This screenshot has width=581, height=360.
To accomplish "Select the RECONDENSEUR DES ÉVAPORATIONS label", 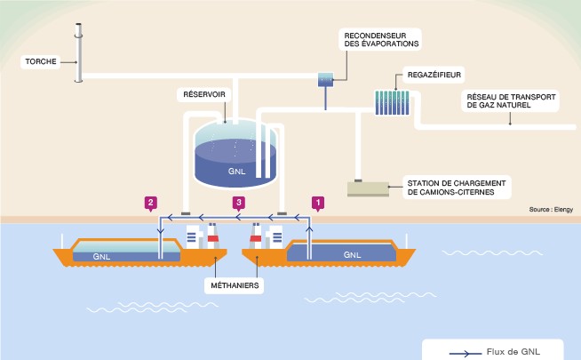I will click(x=381, y=37).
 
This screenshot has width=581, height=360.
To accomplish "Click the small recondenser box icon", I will click(x=324, y=80).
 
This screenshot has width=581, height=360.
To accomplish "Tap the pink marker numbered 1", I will click(x=317, y=202).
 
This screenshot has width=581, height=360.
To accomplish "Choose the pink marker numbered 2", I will click(x=152, y=202).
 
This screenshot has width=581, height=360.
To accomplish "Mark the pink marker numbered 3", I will click(x=238, y=202).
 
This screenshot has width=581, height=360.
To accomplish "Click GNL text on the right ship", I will click(x=352, y=254).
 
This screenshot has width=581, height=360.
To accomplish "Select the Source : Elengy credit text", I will click(x=551, y=210).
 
